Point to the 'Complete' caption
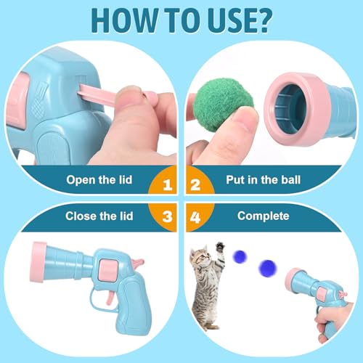(263, 216)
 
